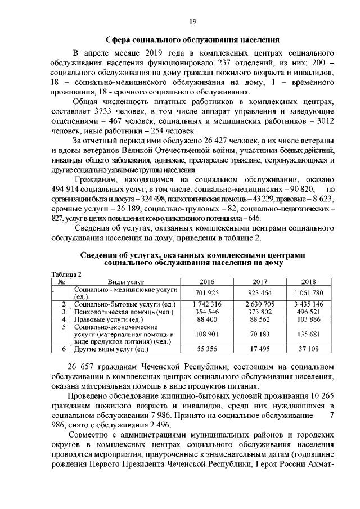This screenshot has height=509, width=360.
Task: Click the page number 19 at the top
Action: click(192, 21)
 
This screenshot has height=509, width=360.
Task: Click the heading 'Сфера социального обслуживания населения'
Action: click(193, 40)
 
